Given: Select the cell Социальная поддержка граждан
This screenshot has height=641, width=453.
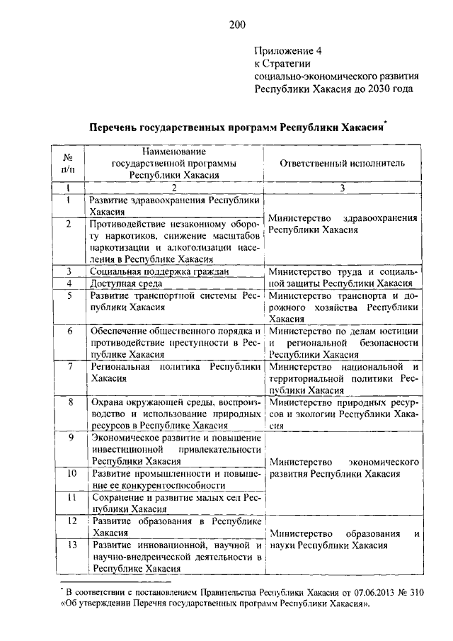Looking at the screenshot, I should (159, 271).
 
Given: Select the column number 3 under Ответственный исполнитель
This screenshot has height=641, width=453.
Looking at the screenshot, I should (343, 188).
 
